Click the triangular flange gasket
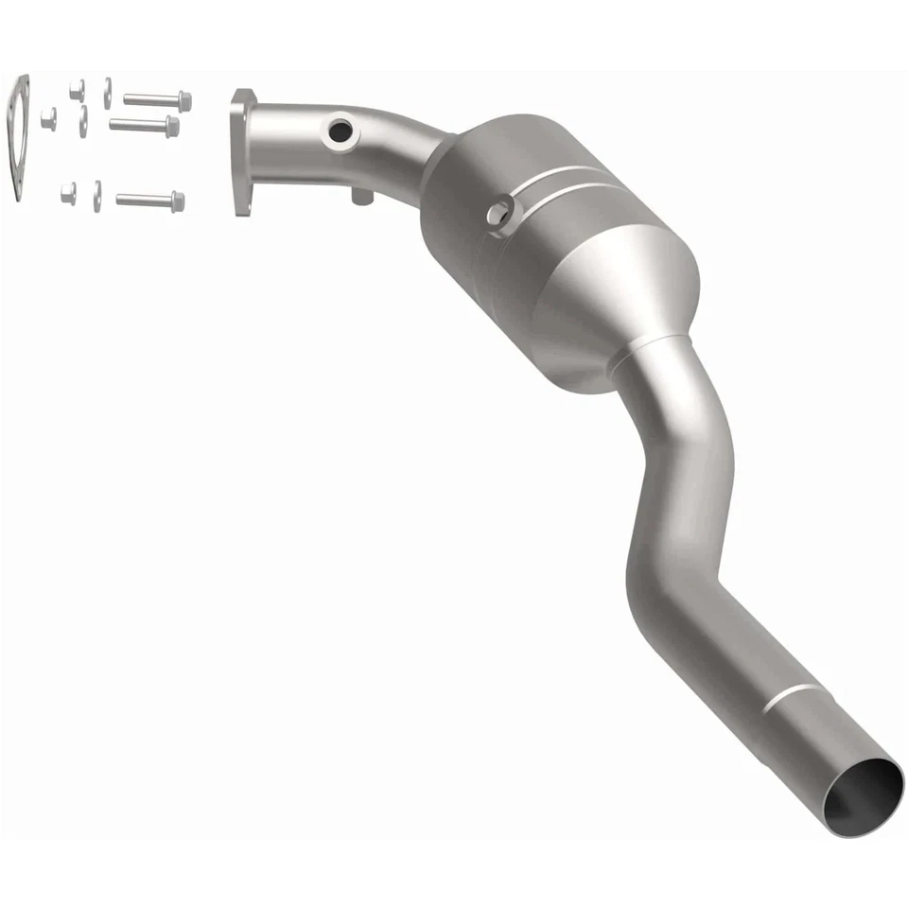[x=18, y=138]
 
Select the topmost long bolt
[x=155, y=99]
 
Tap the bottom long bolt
[x=148, y=201]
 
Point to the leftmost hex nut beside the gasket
[x=48, y=118]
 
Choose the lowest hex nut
[x=69, y=193]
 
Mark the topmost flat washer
[x=108, y=89]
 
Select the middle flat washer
[x=83, y=121]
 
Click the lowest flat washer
[x=96, y=195]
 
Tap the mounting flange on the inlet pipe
[x=242, y=151]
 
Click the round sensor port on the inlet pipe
[x=336, y=131]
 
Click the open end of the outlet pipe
[x=862, y=794]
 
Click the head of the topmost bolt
[x=184, y=99]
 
